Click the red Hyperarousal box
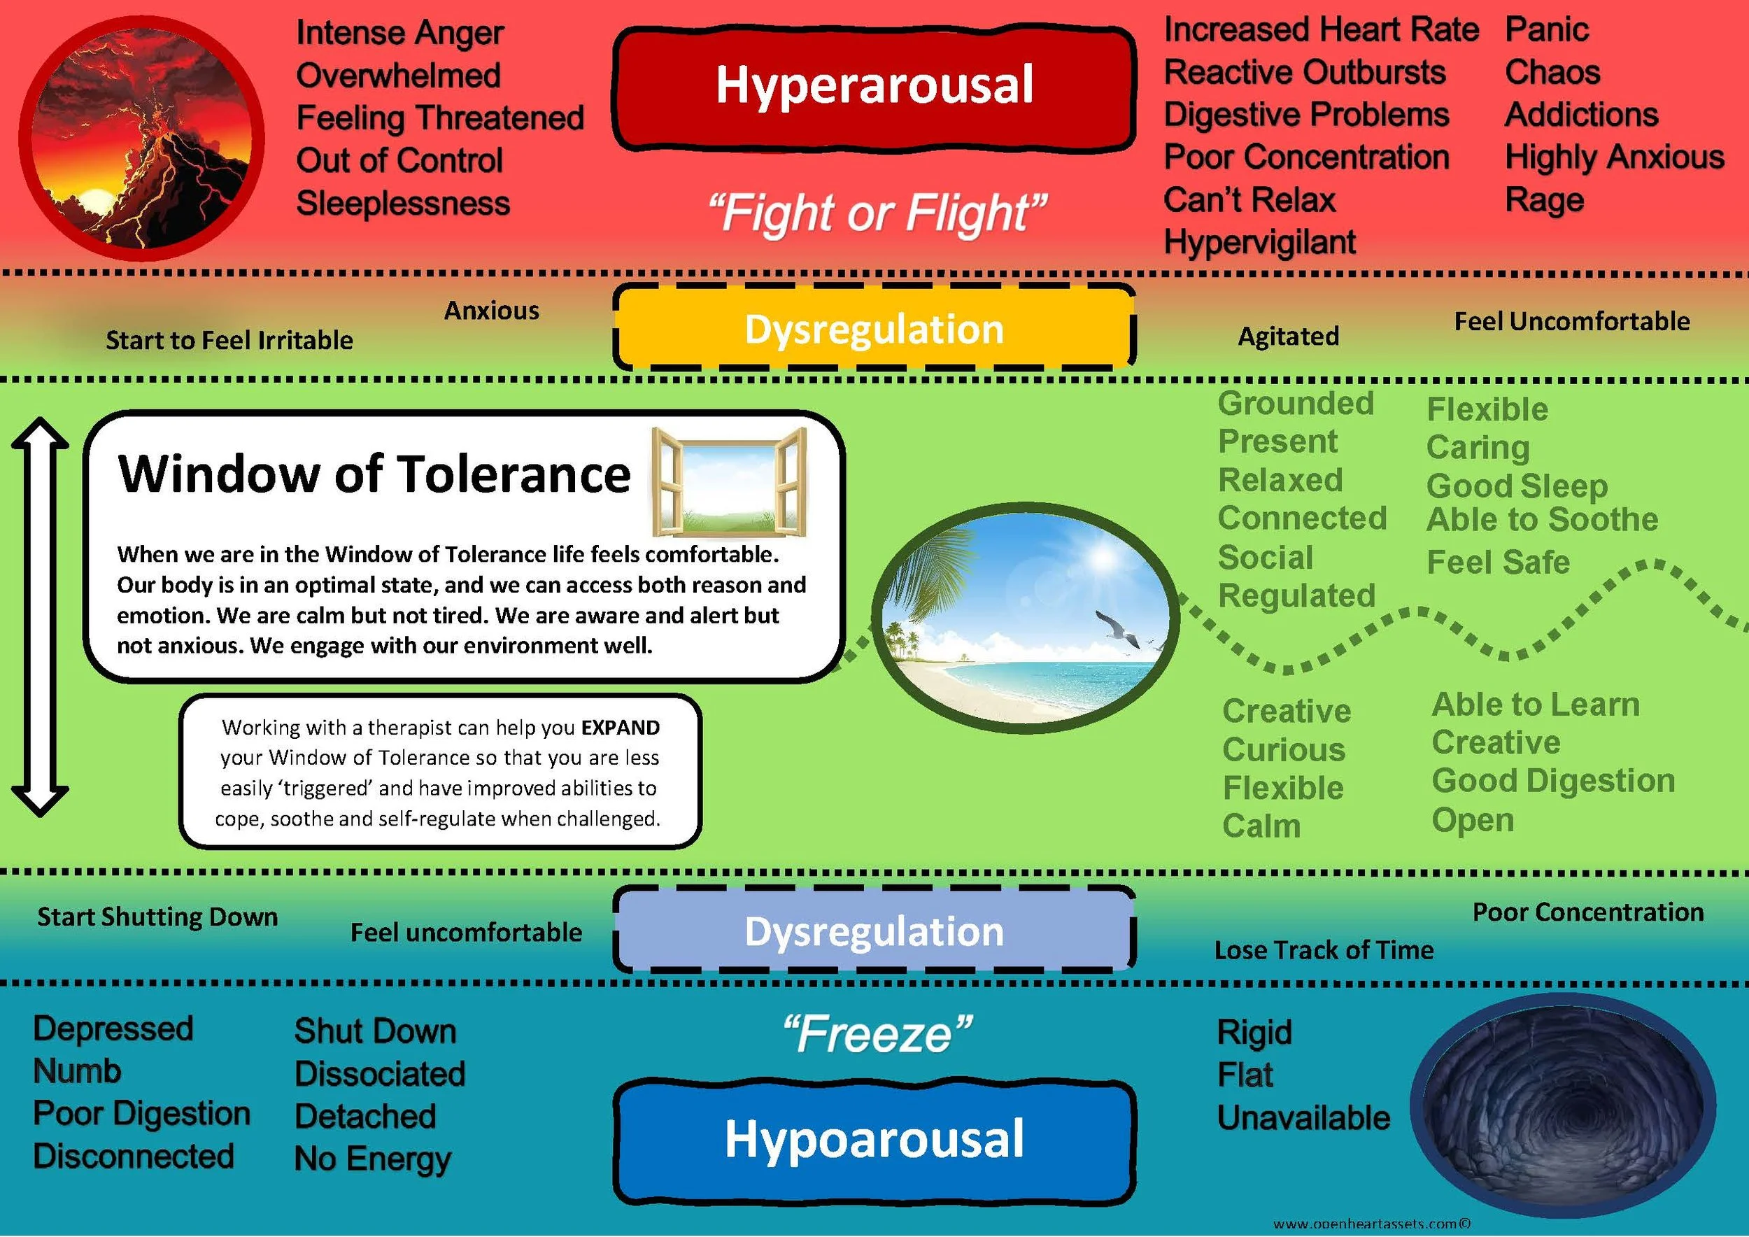tap(874, 85)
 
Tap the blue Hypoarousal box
tap(874, 1140)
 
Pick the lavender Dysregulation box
tap(874, 931)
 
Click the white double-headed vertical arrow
tap(40, 617)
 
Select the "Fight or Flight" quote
tap(876, 213)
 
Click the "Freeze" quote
tap(876, 1034)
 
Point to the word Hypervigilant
tap(1260, 242)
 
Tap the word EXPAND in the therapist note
tap(620, 728)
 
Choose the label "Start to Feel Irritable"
tap(229, 340)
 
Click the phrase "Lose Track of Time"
tap(1324, 950)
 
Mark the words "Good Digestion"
tap(1553, 781)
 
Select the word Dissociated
tap(379, 1074)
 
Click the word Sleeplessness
tap(403, 204)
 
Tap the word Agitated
tap(1288, 336)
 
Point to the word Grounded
tap(1296, 404)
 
